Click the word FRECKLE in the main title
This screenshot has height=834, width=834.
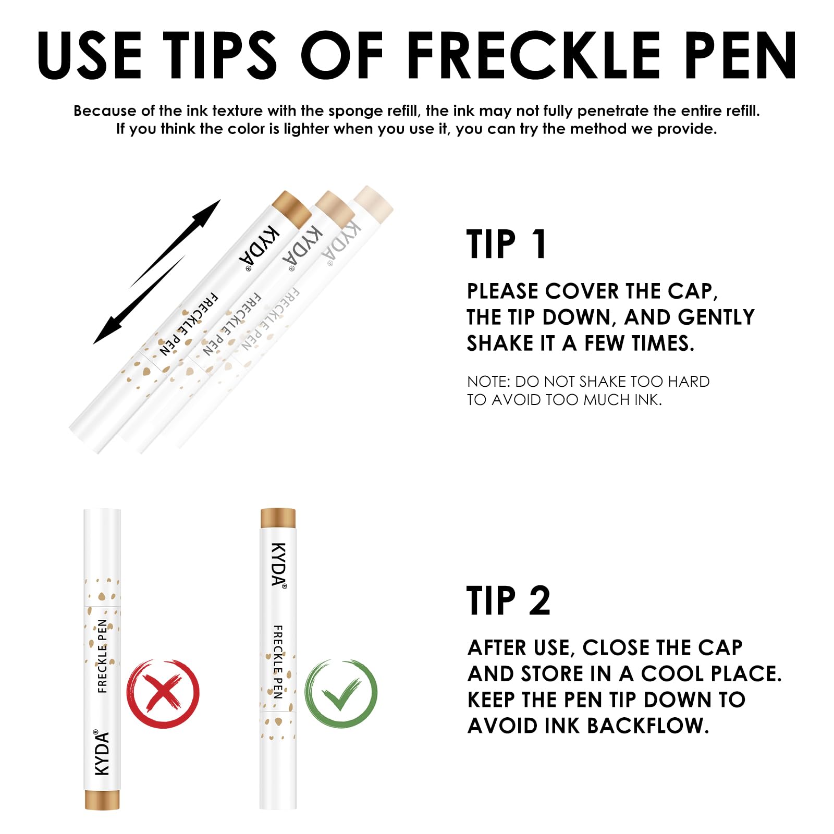(x=532, y=55)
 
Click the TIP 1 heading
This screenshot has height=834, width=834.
(x=506, y=244)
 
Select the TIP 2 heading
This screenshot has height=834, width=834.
(x=508, y=600)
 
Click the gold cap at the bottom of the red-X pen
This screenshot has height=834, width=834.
(x=103, y=800)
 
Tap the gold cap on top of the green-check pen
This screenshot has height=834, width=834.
(x=278, y=518)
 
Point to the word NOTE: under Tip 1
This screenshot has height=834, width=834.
(x=488, y=382)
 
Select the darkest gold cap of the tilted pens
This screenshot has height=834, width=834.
(x=292, y=208)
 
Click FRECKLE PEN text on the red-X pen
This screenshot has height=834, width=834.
(x=102, y=656)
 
